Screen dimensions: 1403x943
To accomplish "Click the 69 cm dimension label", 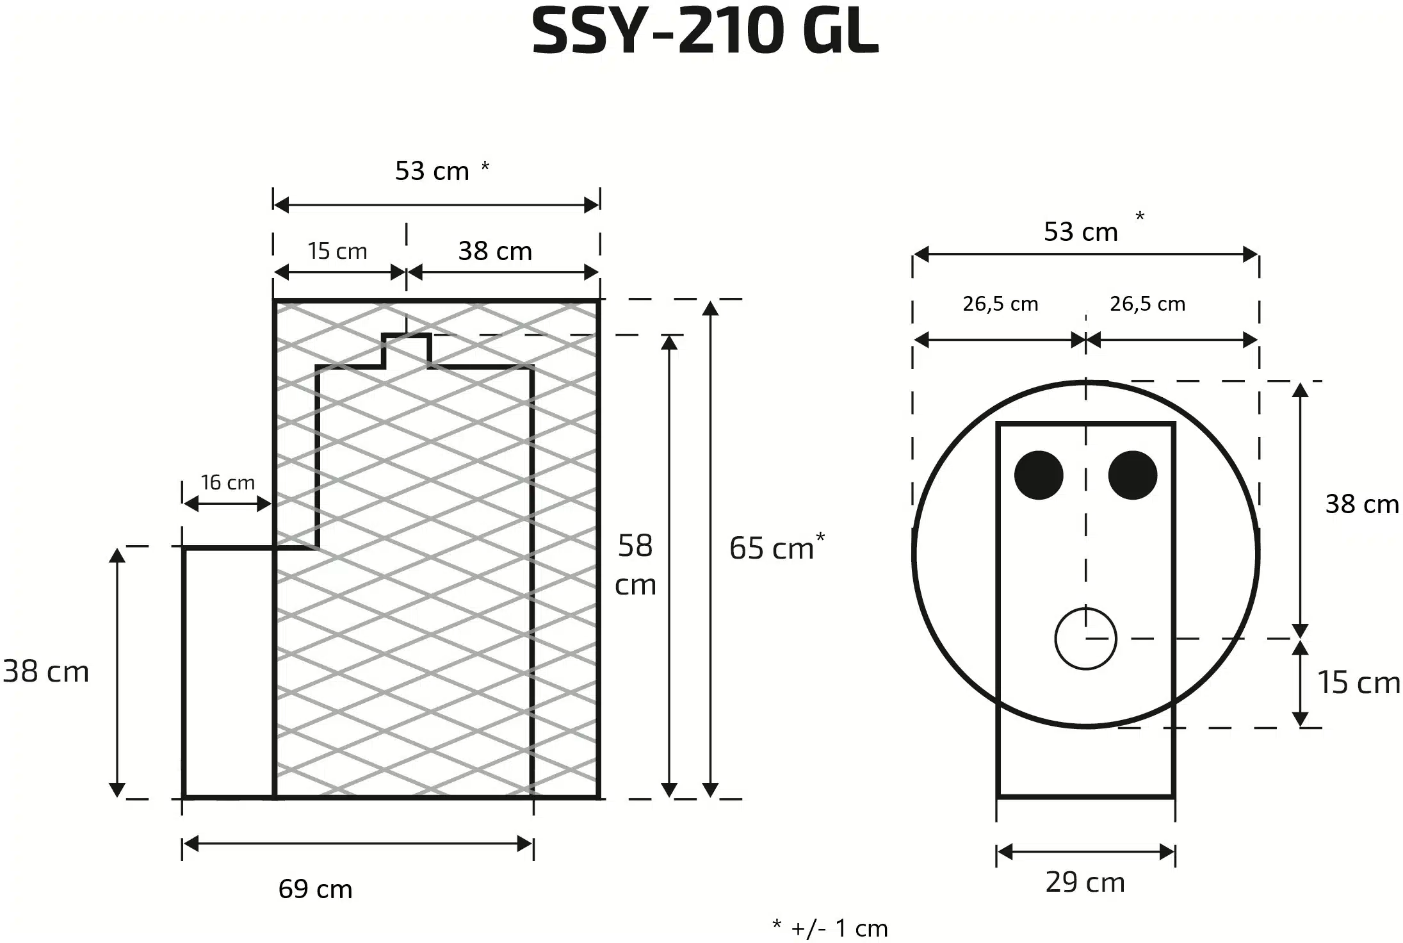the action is point(315,889).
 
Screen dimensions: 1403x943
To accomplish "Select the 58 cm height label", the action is point(635,565).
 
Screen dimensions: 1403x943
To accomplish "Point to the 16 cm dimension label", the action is point(227,482).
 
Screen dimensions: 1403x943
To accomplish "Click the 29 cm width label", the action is point(1085,883).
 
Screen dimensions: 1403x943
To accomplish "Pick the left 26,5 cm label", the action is point(1000,304).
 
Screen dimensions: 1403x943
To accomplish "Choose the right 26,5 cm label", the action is point(1148,304).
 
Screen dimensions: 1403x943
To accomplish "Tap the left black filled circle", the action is point(1039,475).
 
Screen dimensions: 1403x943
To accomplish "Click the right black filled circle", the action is point(1133,475).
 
